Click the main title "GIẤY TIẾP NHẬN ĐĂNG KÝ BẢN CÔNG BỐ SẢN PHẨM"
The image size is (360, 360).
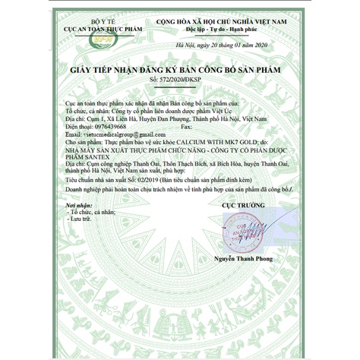point(180,69)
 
